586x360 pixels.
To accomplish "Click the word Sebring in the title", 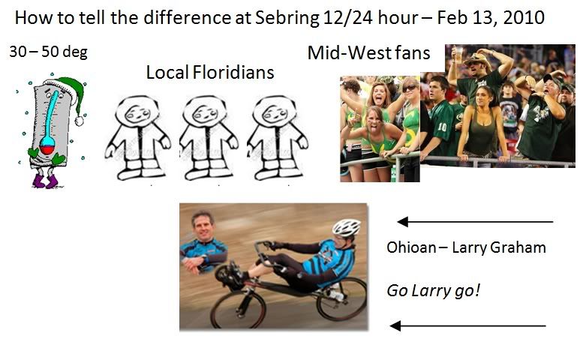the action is coord(287,18).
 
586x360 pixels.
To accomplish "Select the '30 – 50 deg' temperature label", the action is coord(48,52).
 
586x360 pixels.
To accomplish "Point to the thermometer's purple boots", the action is coord(45,181).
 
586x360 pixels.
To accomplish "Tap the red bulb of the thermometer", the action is coord(47,150).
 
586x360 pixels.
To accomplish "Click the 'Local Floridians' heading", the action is coord(210,73).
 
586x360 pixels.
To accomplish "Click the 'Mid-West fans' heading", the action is coord(368,52).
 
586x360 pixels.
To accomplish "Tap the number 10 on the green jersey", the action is coord(442,127).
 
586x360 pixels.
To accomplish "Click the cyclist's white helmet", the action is coord(347,227).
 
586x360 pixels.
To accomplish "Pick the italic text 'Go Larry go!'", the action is coord(433,291).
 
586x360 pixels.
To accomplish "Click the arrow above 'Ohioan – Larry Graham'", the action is coord(475,222).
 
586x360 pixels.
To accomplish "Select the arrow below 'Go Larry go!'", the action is coord(467,325).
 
